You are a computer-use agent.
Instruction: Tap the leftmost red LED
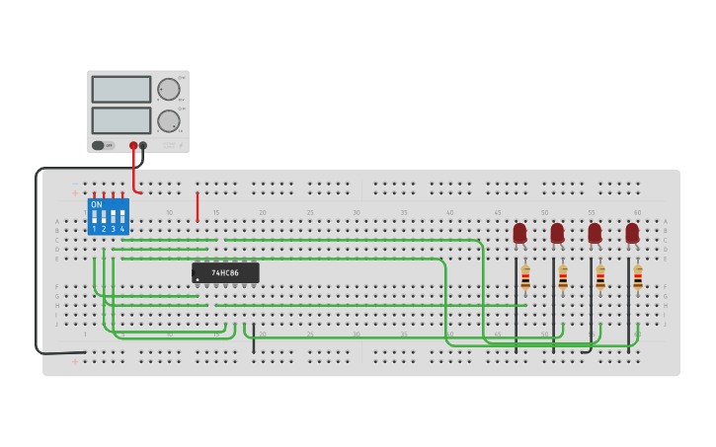pos(519,234)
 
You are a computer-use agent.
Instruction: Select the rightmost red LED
pos(632,234)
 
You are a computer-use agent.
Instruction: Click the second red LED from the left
pos(557,234)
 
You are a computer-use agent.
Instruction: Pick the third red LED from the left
pos(595,234)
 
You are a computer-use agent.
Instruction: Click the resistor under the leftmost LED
pos(525,278)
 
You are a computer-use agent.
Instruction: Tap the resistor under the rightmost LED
pos(638,278)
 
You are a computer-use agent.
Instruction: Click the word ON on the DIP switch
pos(97,205)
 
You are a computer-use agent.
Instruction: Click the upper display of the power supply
pos(121,90)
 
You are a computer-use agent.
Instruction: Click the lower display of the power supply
pos(121,120)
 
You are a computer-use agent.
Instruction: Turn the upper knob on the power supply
pos(169,90)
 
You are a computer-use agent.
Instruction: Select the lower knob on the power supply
pos(169,121)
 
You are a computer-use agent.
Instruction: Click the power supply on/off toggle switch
pos(99,145)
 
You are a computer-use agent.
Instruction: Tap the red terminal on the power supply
pos(133,145)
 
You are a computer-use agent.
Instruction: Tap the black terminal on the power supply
pos(143,145)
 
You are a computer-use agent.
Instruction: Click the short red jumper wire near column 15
pos(198,206)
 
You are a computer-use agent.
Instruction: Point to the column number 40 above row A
pos(450,212)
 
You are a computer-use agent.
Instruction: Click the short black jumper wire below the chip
pos(254,337)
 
